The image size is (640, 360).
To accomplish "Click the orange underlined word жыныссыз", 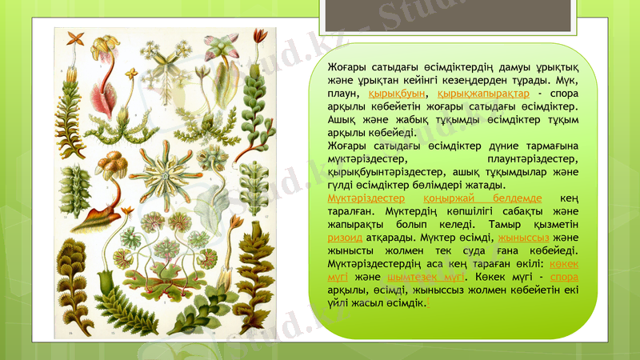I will click(523, 238).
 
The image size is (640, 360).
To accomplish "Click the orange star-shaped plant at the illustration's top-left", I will click(75, 38).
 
